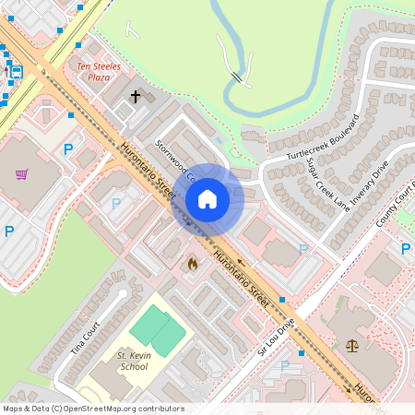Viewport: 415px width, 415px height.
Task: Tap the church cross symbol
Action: click(135, 96)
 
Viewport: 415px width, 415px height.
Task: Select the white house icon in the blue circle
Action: click(207, 198)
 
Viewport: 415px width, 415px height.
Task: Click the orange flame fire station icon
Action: click(192, 265)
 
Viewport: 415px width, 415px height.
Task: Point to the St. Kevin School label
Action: click(133, 361)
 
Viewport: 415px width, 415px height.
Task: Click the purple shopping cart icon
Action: click(22, 172)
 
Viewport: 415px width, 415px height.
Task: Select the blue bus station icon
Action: click(16, 71)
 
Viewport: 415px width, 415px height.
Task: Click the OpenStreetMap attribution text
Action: click(93, 409)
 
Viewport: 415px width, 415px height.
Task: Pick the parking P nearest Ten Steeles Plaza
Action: click(67, 148)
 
